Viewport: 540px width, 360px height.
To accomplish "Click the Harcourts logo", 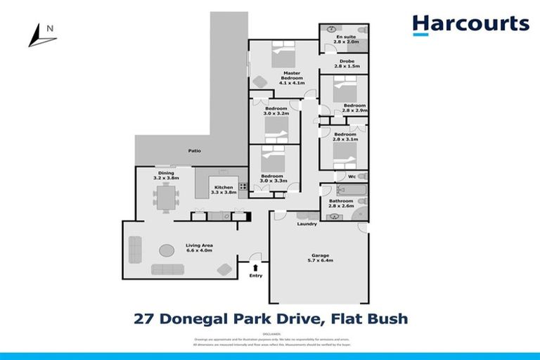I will pos(470,25).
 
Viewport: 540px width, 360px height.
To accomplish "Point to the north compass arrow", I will pos(41,34).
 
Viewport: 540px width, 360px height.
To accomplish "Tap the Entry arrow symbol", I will pos(255,267).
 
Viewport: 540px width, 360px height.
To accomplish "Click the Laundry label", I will pos(307,224).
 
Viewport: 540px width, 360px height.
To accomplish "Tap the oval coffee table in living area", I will pos(167,250).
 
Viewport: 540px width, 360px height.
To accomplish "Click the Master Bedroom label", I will pos(292,75).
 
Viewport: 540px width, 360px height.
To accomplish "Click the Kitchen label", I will pos(224,187).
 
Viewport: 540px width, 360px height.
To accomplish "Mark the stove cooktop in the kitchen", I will pos(243,187).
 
